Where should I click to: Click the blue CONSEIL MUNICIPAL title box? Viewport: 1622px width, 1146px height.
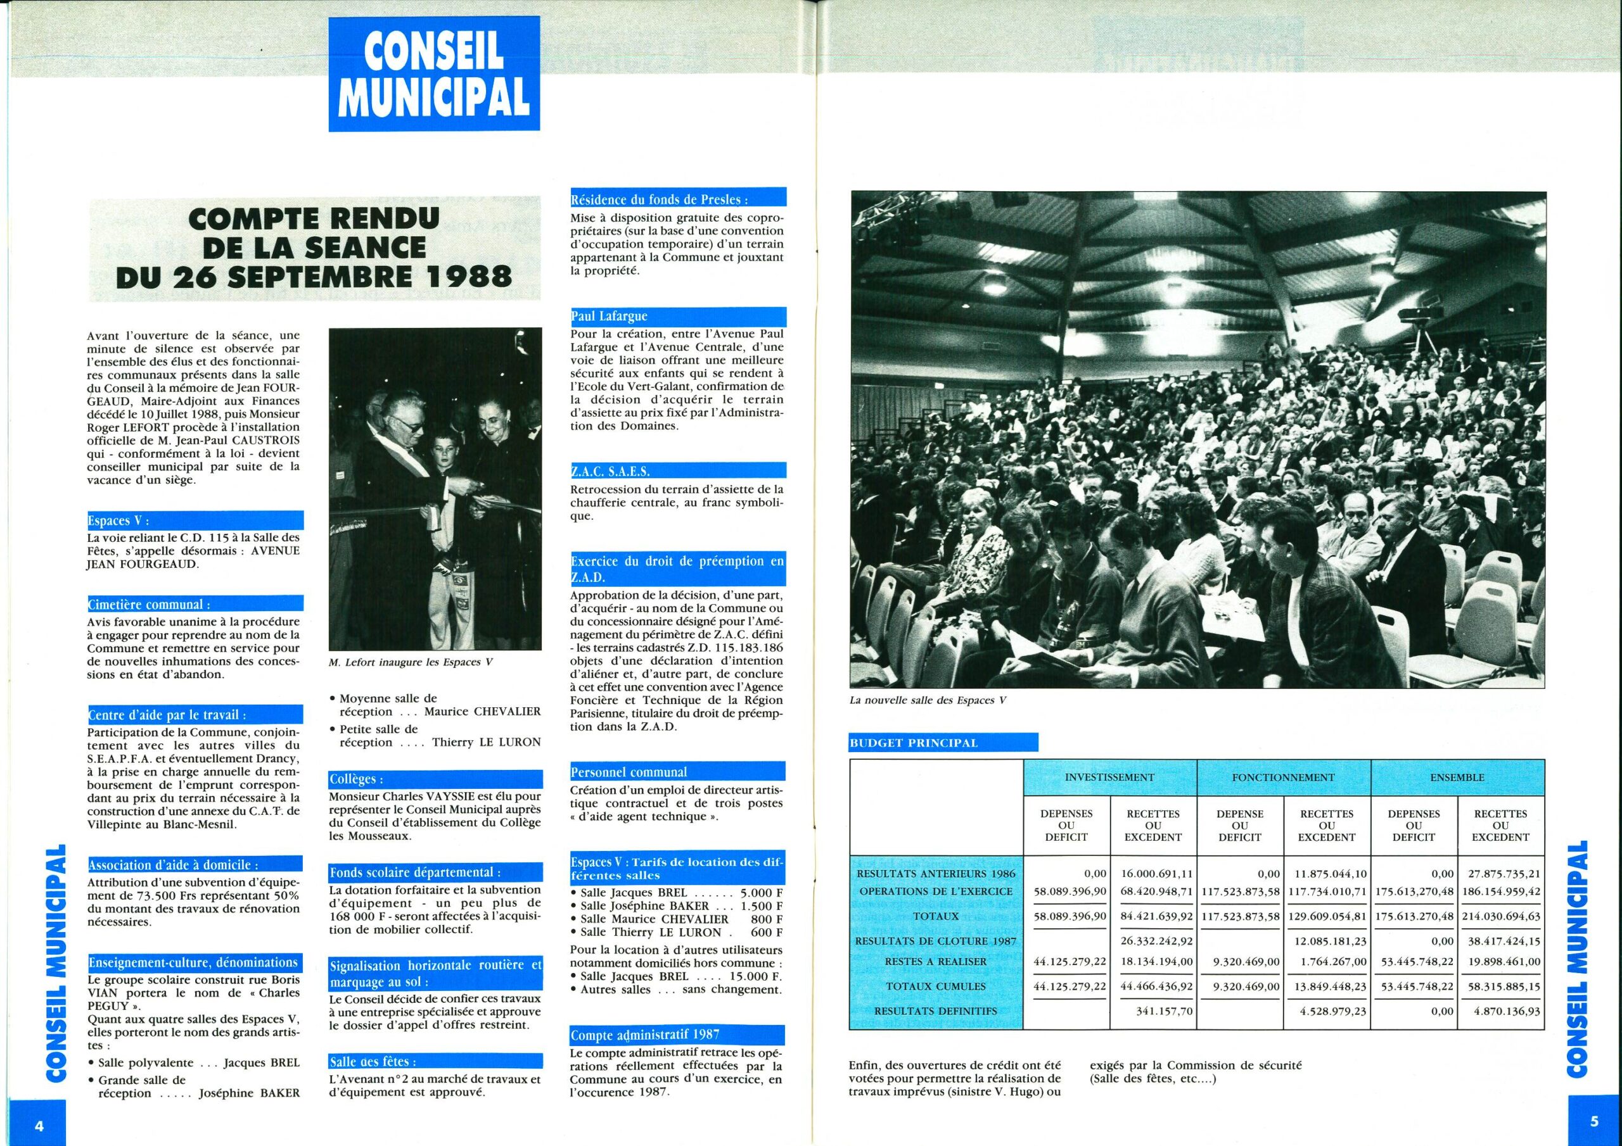pos(434,74)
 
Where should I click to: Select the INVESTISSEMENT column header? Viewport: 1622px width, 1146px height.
pos(1109,778)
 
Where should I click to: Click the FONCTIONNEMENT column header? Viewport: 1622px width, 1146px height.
pos(1283,778)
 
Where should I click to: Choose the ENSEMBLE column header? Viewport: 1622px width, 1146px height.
pos(1457,778)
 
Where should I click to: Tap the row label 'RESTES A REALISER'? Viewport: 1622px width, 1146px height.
pos(935,962)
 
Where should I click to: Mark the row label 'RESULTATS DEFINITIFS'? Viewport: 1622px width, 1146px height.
pos(935,1011)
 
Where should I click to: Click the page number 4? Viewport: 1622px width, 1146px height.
pos(39,1126)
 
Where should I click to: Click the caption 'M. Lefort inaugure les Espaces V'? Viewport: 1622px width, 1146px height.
pos(411,662)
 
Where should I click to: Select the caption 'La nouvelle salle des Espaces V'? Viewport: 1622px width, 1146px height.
pos(928,700)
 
